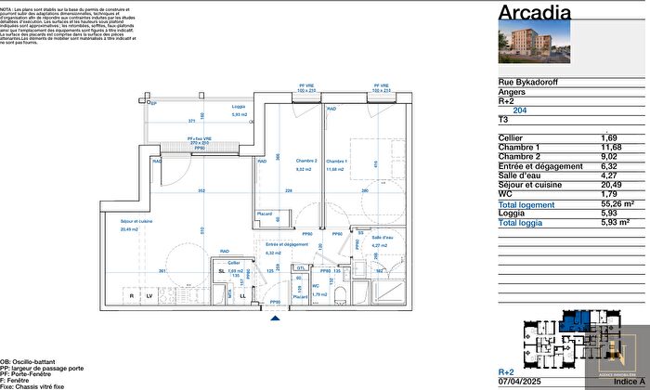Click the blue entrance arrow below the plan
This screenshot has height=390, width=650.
274,318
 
